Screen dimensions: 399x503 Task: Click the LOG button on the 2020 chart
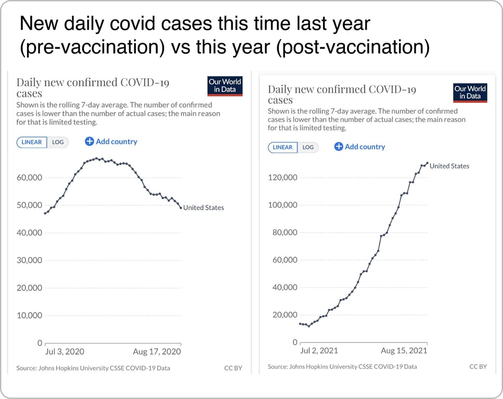point(58,142)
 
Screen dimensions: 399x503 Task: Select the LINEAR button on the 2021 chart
point(282,147)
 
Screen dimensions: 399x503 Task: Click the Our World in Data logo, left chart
point(225,86)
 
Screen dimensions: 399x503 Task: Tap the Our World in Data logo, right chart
point(470,92)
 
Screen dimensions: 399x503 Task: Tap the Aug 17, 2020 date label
point(157,352)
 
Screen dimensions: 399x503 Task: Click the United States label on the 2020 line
point(203,208)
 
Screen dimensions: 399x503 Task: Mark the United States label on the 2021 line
point(449,166)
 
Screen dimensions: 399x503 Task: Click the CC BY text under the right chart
point(478,366)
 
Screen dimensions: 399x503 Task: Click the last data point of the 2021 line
point(427,163)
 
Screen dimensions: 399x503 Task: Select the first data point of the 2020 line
point(45,213)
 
